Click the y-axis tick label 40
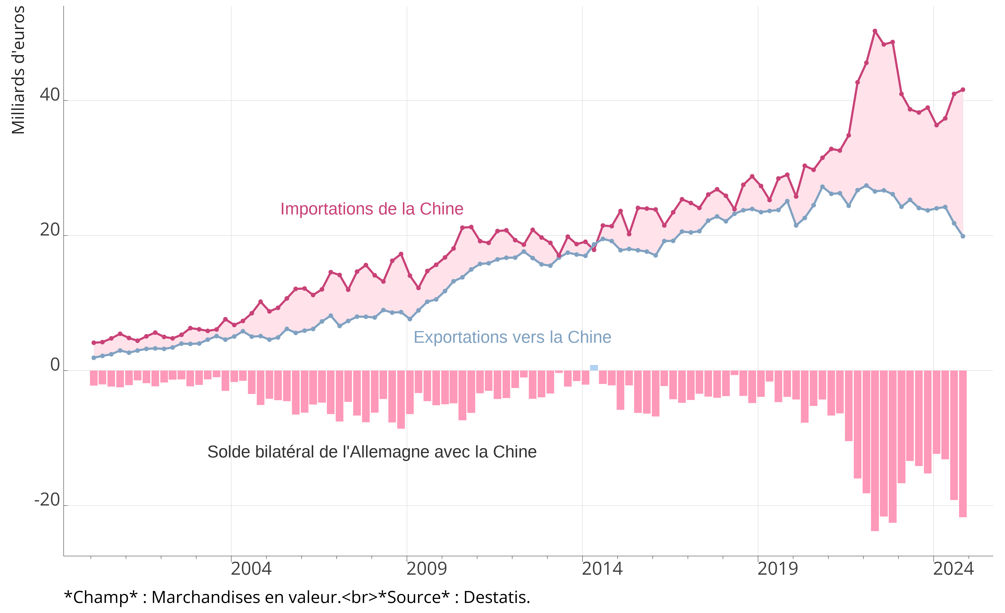tap(50, 95)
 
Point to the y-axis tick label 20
tap(50, 231)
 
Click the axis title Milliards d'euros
tap(18, 70)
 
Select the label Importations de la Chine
tap(372, 209)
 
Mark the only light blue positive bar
tap(594, 368)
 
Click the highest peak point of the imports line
tap(875, 31)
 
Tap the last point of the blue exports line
tap(963, 236)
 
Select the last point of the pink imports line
tap(963, 89)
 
